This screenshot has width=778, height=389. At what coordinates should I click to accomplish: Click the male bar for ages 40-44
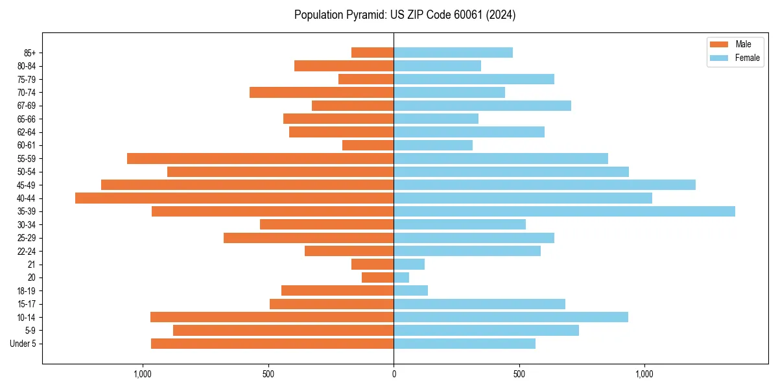(x=234, y=198)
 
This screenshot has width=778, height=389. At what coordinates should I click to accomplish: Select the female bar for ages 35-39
(x=564, y=211)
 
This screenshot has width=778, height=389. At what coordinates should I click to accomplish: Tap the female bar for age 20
(x=401, y=277)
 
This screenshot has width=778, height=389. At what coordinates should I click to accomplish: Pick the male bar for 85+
(x=372, y=53)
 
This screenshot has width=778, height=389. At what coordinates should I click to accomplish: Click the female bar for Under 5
(x=464, y=344)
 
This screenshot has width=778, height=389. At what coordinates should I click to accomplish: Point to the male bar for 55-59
(x=260, y=158)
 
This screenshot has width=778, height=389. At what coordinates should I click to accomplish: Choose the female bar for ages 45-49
(x=544, y=185)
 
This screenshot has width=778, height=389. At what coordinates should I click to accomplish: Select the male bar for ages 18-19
(x=337, y=290)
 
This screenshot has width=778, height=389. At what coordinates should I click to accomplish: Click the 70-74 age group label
(x=27, y=92)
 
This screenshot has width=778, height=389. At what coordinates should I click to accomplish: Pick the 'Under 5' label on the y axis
(x=23, y=344)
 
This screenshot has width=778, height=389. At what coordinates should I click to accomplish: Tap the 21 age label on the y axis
(x=31, y=265)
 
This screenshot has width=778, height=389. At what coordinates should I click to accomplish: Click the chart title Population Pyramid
(x=405, y=15)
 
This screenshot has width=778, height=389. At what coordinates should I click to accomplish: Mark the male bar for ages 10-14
(x=272, y=317)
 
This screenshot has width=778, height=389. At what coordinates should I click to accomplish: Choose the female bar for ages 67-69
(x=482, y=106)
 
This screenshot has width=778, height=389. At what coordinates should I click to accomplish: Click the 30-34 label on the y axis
(x=27, y=224)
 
